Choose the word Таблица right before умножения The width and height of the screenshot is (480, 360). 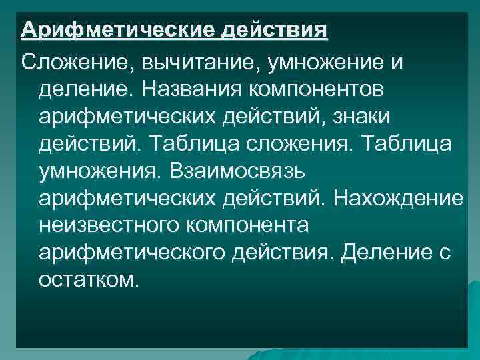click(418, 144)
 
